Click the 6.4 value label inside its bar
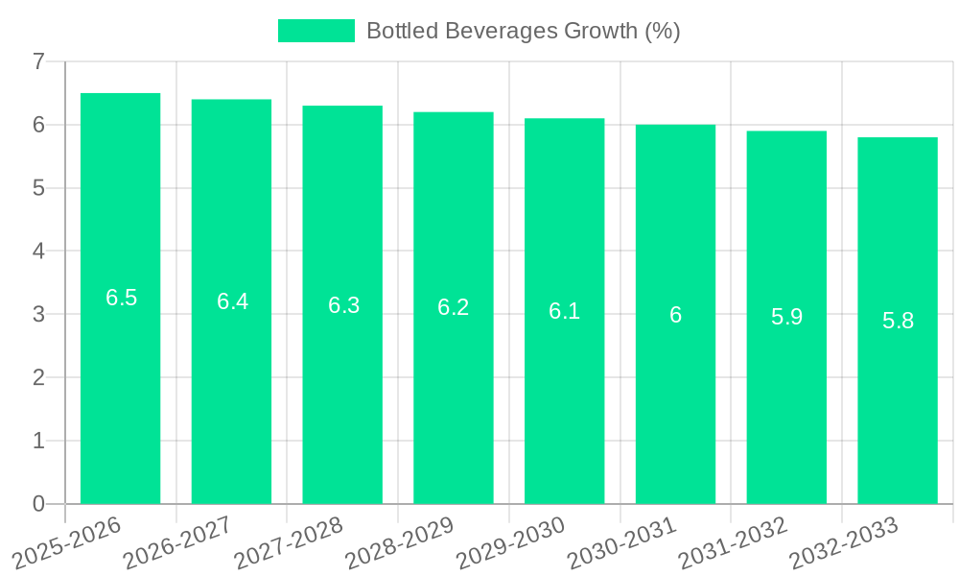pyautogui.click(x=232, y=301)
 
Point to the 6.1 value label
pyautogui.click(x=564, y=311)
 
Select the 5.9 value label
pyautogui.click(x=786, y=317)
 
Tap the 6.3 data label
pyautogui.click(x=343, y=305)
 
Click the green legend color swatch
pyautogui.click(x=316, y=31)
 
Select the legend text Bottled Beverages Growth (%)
pyautogui.click(x=523, y=31)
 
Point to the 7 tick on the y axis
pyautogui.click(x=38, y=62)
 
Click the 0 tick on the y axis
pyautogui.click(x=38, y=504)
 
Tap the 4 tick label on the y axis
pyautogui.click(x=38, y=252)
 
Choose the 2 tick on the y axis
pyautogui.click(x=38, y=377)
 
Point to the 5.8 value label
pyautogui.click(x=898, y=321)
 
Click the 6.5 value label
pyautogui.click(x=121, y=298)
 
